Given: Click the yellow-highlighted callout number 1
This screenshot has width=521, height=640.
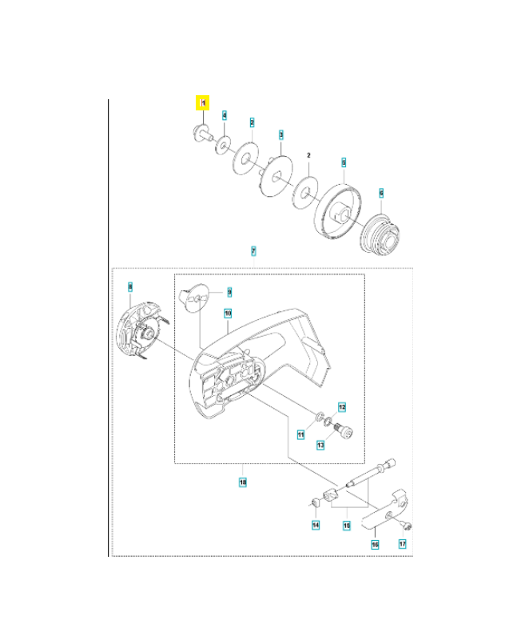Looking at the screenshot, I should tap(203, 103).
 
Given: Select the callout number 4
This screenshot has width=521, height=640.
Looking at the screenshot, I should tap(225, 116).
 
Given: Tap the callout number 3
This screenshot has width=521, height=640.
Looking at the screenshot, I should tap(280, 135).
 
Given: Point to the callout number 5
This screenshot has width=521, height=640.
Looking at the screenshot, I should tap(344, 162).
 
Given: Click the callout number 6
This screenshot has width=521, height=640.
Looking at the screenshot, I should tap(381, 193).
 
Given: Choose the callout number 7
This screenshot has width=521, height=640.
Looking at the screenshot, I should tap(253, 251).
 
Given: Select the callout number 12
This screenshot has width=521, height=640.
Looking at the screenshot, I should tap(341, 406).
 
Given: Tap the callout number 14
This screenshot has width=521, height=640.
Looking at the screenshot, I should tap(316, 525).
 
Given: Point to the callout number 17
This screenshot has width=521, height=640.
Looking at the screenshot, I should tap(403, 543).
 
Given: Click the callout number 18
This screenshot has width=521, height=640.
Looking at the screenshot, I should tap(243, 482).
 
